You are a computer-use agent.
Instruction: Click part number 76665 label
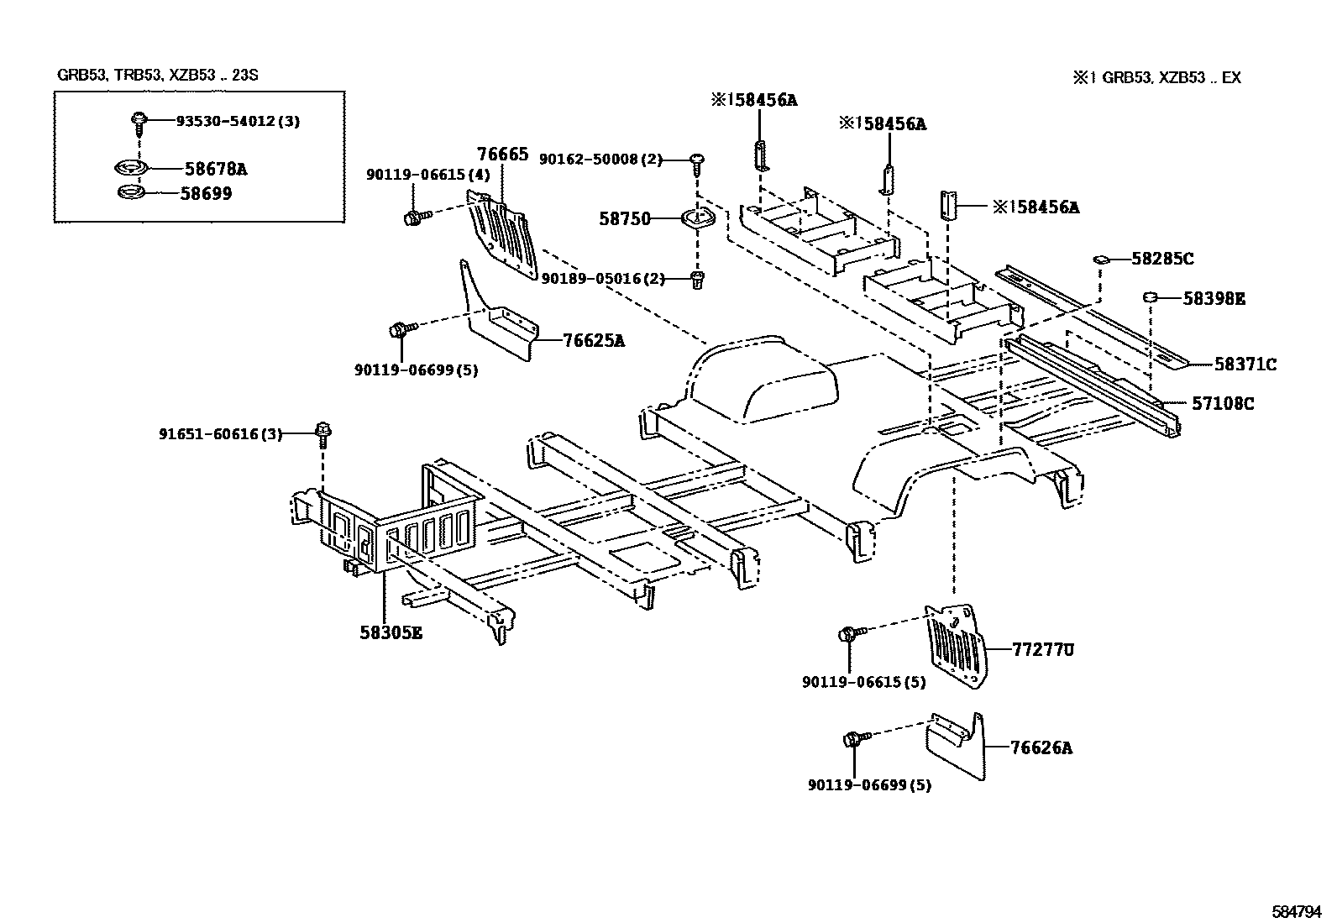click(x=502, y=155)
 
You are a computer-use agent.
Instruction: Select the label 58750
click(x=625, y=219)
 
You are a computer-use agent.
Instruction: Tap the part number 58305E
click(x=391, y=632)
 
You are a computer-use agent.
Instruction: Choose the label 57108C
click(x=1223, y=403)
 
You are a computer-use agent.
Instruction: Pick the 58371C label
click(x=1245, y=364)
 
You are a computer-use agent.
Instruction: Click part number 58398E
click(x=1214, y=298)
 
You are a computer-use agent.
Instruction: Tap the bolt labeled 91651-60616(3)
click(x=322, y=433)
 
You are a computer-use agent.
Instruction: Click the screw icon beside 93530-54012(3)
click(x=139, y=122)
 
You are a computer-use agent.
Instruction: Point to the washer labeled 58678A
click(x=130, y=169)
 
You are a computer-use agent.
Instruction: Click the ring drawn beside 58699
click(x=130, y=194)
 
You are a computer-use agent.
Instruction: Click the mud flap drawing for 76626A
click(x=957, y=743)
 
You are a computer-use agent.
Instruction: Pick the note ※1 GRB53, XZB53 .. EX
click(x=1156, y=78)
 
